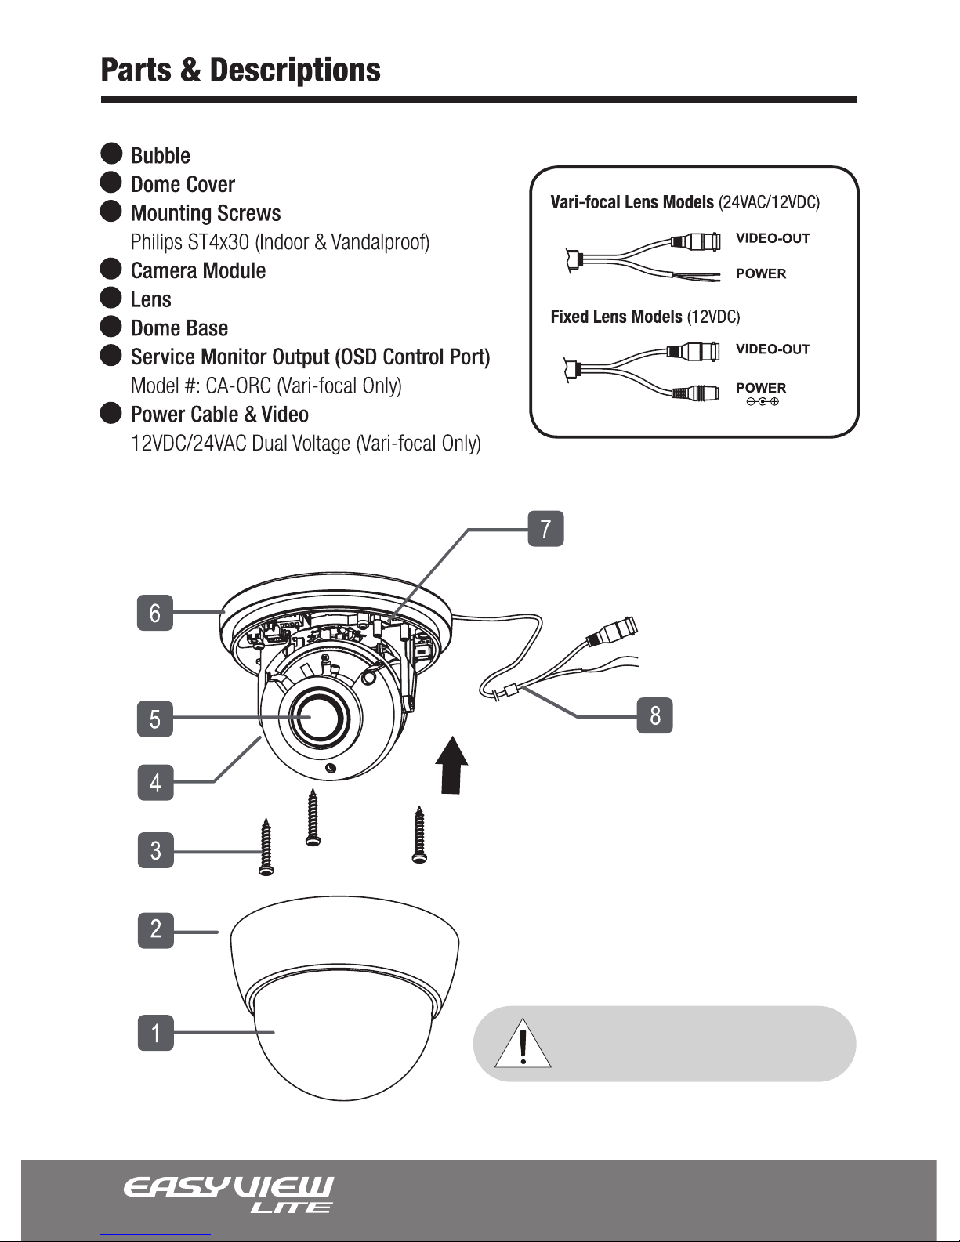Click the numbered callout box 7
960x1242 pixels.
[545, 528]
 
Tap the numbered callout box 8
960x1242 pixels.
[654, 715]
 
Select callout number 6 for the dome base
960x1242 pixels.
[155, 612]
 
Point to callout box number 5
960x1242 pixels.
[155, 718]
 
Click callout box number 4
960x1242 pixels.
[155, 781]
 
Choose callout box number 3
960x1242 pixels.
[155, 849]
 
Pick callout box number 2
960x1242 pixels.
[155, 930]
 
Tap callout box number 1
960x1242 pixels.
[155, 1032]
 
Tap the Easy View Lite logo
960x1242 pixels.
[228, 1194]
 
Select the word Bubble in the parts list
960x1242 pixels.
[161, 155]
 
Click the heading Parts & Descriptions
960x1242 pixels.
[241, 70]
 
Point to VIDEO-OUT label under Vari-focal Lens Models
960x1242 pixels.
[772, 238]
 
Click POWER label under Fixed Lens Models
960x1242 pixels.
[760, 388]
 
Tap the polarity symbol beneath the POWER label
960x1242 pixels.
[762, 402]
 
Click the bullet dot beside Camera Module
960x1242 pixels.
[112, 269]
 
